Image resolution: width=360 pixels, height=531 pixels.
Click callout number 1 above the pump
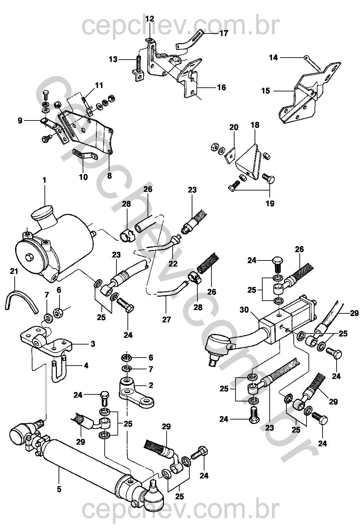44,180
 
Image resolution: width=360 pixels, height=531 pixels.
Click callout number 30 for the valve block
244,310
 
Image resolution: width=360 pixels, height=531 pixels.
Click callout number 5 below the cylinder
59,489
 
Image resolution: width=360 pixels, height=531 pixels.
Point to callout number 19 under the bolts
270,203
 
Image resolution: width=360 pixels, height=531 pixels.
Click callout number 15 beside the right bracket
266,91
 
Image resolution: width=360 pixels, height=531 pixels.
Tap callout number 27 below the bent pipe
166,319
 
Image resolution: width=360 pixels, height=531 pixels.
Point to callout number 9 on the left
20,120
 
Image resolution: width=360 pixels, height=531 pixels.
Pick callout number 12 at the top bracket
150,18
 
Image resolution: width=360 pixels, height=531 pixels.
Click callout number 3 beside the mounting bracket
92,344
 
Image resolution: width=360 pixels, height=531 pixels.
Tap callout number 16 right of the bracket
221,87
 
